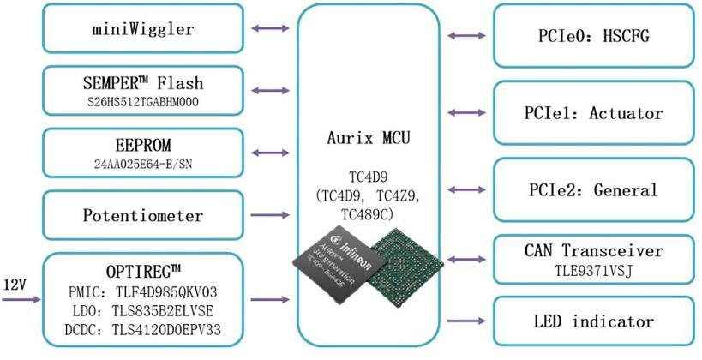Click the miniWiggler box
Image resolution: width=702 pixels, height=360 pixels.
pyautogui.click(x=142, y=29)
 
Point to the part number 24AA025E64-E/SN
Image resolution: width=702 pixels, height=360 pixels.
pyautogui.click(x=142, y=163)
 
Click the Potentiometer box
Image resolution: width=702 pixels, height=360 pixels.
pyautogui.click(x=142, y=214)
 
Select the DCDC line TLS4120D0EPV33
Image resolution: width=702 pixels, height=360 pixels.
pyautogui.click(x=142, y=329)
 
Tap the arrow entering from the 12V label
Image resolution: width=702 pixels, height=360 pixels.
pyautogui.click(x=21, y=299)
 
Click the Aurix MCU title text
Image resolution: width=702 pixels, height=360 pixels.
pyautogui.click(x=367, y=137)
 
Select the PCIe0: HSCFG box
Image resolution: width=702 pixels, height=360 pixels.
pyautogui.click(x=592, y=36)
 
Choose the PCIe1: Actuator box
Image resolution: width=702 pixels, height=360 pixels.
pyautogui.click(x=592, y=112)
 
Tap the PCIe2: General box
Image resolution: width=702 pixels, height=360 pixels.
pyautogui.click(x=592, y=189)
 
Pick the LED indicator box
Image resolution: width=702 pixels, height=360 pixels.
pyautogui.click(x=592, y=321)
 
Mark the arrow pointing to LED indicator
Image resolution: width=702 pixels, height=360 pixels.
pyautogui.click(x=465, y=321)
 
